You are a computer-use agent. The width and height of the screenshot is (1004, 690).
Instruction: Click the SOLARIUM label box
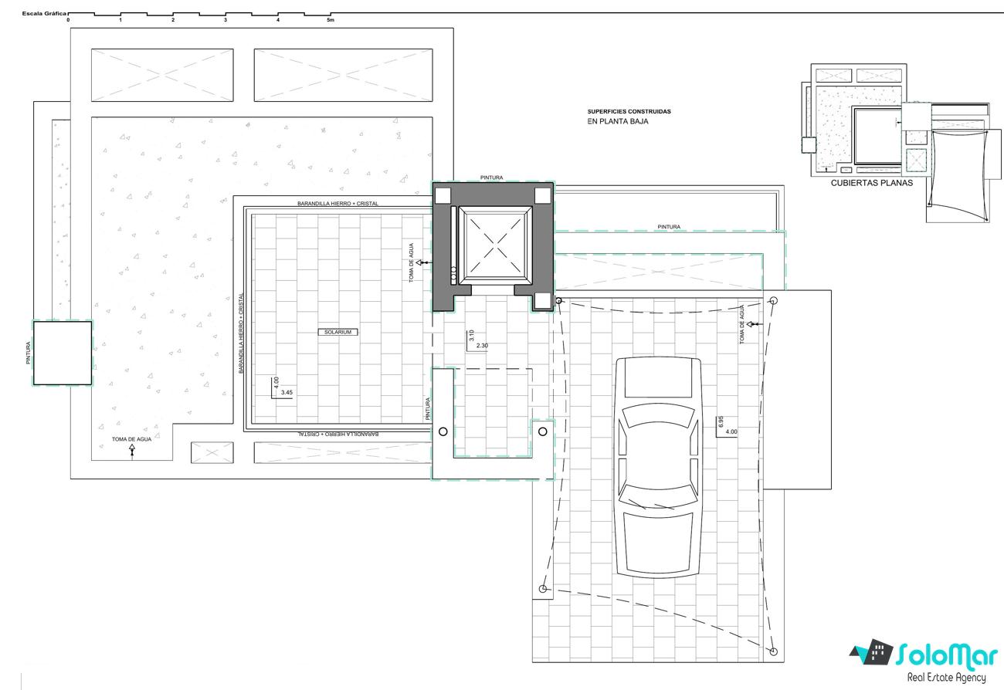tap(338, 332)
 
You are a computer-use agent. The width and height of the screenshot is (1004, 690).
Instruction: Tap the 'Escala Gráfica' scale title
tap(44, 14)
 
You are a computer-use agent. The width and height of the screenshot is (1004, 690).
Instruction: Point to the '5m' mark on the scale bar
tap(331, 20)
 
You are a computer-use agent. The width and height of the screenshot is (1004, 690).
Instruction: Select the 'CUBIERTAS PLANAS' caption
tap(872, 183)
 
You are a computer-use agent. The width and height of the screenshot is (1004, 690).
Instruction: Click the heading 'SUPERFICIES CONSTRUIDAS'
tap(629, 112)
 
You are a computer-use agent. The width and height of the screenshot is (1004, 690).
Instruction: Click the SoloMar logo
tap(924, 661)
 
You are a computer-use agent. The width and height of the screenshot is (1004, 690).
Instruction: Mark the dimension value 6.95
tap(721, 421)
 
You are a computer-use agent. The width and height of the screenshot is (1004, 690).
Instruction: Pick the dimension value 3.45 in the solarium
tap(287, 393)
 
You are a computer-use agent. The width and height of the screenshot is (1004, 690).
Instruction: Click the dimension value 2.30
tap(482, 346)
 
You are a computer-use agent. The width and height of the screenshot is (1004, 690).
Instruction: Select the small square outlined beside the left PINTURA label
tap(63, 353)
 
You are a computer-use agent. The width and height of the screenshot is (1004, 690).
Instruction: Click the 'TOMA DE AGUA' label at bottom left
tap(132, 439)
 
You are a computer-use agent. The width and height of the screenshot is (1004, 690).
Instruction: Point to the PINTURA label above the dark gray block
tap(492, 178)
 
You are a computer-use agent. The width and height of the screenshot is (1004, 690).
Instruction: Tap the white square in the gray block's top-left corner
tap(443, 196)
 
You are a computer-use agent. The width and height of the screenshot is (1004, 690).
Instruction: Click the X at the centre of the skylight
tap(495, 245)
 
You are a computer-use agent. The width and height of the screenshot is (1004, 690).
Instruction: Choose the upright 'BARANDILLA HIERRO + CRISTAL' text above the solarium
tap(338, 204)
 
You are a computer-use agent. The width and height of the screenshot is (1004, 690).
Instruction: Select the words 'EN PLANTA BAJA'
tap(618, 121)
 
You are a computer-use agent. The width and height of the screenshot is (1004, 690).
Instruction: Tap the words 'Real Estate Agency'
tap(947, 677)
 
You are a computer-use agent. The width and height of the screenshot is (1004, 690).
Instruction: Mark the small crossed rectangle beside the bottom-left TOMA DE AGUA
tap(212, 452)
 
